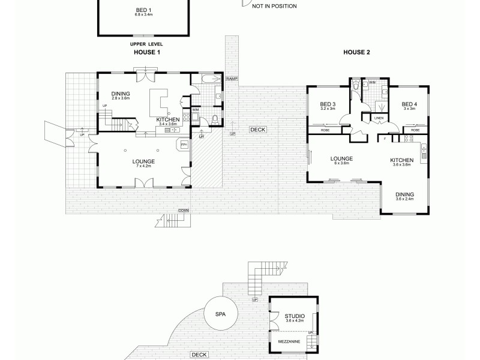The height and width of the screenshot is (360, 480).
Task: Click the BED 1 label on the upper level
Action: coord(143,10)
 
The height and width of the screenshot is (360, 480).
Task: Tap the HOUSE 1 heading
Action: coord(146,53)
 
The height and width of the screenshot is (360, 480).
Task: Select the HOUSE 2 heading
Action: coord(356,53)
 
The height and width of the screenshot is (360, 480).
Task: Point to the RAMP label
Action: coord(231,79)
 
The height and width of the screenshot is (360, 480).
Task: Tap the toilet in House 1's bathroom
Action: coord(215,118)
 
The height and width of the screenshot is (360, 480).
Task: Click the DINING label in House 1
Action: coord(121,93)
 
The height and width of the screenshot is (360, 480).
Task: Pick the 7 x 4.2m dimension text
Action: coord(144,167)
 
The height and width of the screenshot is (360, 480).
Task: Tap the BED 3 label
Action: coord(327,103)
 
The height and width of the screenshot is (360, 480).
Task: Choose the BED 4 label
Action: coord(409,103)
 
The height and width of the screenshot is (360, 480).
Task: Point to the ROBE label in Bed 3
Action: coord(325,130)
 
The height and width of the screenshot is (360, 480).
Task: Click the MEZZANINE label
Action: coord(289,341)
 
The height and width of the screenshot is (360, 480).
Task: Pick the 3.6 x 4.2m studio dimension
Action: coord(295,321)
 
